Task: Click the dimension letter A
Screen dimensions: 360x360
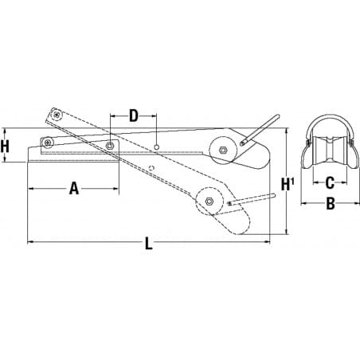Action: point(73,189)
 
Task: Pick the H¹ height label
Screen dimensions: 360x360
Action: point(288,185)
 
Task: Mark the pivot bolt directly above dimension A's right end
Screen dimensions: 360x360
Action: point(110,145)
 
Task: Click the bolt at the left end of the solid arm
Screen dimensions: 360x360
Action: point(49,143)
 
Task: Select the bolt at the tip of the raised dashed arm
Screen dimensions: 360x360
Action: point(56,115)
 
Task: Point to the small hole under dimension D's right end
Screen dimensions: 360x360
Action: point(158,147)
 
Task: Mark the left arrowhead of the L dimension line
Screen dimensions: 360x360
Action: point(30,241)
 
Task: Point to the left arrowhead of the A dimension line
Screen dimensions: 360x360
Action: point(30,189)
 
